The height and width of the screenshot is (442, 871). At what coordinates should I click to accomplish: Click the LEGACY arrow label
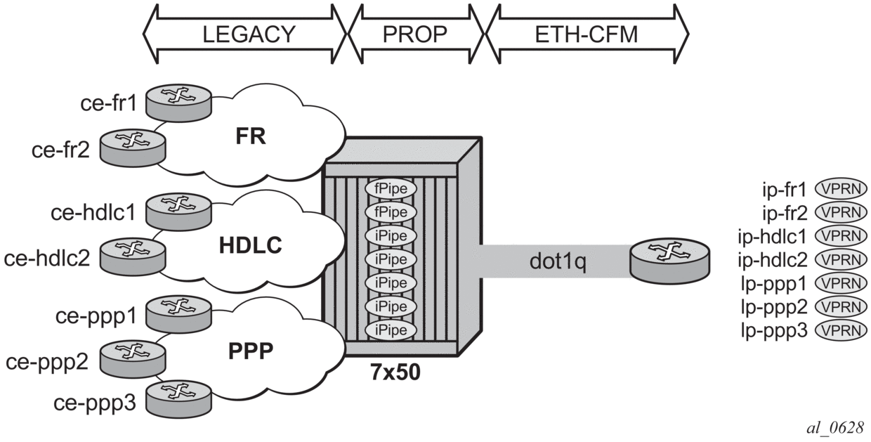245,34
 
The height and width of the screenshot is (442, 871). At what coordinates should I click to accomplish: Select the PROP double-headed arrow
414,34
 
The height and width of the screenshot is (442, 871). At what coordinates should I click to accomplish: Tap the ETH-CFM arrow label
587,34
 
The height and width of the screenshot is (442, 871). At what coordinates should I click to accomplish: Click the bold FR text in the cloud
251,136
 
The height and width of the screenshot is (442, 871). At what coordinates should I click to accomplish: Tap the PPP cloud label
250,349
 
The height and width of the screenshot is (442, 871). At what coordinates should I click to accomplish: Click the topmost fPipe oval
391,189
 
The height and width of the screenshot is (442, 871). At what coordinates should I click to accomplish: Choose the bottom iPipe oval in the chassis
391,330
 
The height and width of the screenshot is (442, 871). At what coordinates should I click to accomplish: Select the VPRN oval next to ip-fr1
841,188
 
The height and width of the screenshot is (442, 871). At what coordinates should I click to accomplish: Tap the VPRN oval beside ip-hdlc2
841,259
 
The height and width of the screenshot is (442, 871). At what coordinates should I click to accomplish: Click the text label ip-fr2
785,212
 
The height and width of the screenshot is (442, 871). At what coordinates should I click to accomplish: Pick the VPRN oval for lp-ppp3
841,330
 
